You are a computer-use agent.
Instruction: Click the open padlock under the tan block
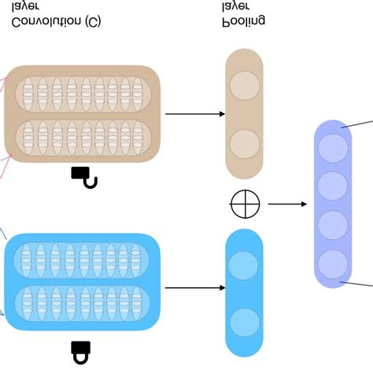tap(84, 177)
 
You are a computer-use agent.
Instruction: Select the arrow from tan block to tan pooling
tap(194, 114)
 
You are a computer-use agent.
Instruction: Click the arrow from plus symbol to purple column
tap(287, 205)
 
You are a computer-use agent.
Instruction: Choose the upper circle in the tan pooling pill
tap(244, 85)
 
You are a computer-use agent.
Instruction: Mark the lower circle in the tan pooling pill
tap(244, 144)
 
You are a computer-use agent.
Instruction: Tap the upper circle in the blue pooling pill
tap(244, 265)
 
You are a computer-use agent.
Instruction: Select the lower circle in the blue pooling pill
tap(244, 323)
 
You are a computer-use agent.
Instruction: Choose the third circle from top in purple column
tap(332, 223)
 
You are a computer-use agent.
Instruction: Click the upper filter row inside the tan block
tap(82, 92)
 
